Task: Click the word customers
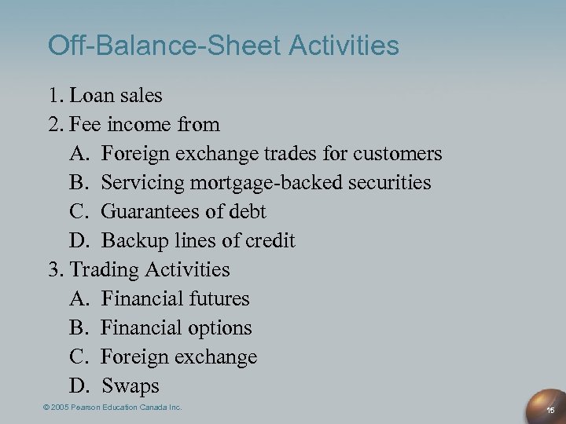pos(395,154)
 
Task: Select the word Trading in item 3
pos(105,270)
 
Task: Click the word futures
pos(219,299)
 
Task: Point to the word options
pos(222,328)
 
